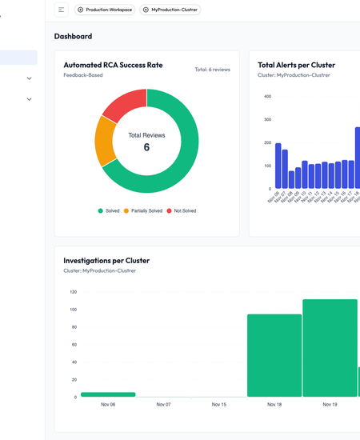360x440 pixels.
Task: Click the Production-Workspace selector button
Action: click(x=104, y=10)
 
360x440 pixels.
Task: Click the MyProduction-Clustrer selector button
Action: click(x=170, y=10)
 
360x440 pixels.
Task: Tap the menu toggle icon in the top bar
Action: click(x=62, y=10)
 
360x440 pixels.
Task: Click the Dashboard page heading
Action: click(x=73, y=36)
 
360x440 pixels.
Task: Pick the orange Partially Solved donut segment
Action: click(x=105, y=140)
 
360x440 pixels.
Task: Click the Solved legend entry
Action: click(x=109, y=210)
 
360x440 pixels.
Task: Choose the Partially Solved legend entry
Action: click(x=143, y=210)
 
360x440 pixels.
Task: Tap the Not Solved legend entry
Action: click(x=181, y=210)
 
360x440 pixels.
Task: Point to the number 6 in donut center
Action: click(x=146, y=148)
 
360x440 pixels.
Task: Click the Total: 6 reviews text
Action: click(x=212, y=70)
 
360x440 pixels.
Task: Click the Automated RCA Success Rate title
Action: click(x=113, y=65)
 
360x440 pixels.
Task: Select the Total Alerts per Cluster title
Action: click(x=296, y=65)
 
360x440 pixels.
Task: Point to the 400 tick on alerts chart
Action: click(x=267, y=97)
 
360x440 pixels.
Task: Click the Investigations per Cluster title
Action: click(x=106, y=261)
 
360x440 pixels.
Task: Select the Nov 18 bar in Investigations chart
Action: click(x=274, y=355)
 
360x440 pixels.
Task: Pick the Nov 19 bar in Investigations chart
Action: click(x=330, y=348)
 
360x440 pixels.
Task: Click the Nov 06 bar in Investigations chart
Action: click(x=108, y=394)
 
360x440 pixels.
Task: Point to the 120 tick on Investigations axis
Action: click(x=73, y=292)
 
